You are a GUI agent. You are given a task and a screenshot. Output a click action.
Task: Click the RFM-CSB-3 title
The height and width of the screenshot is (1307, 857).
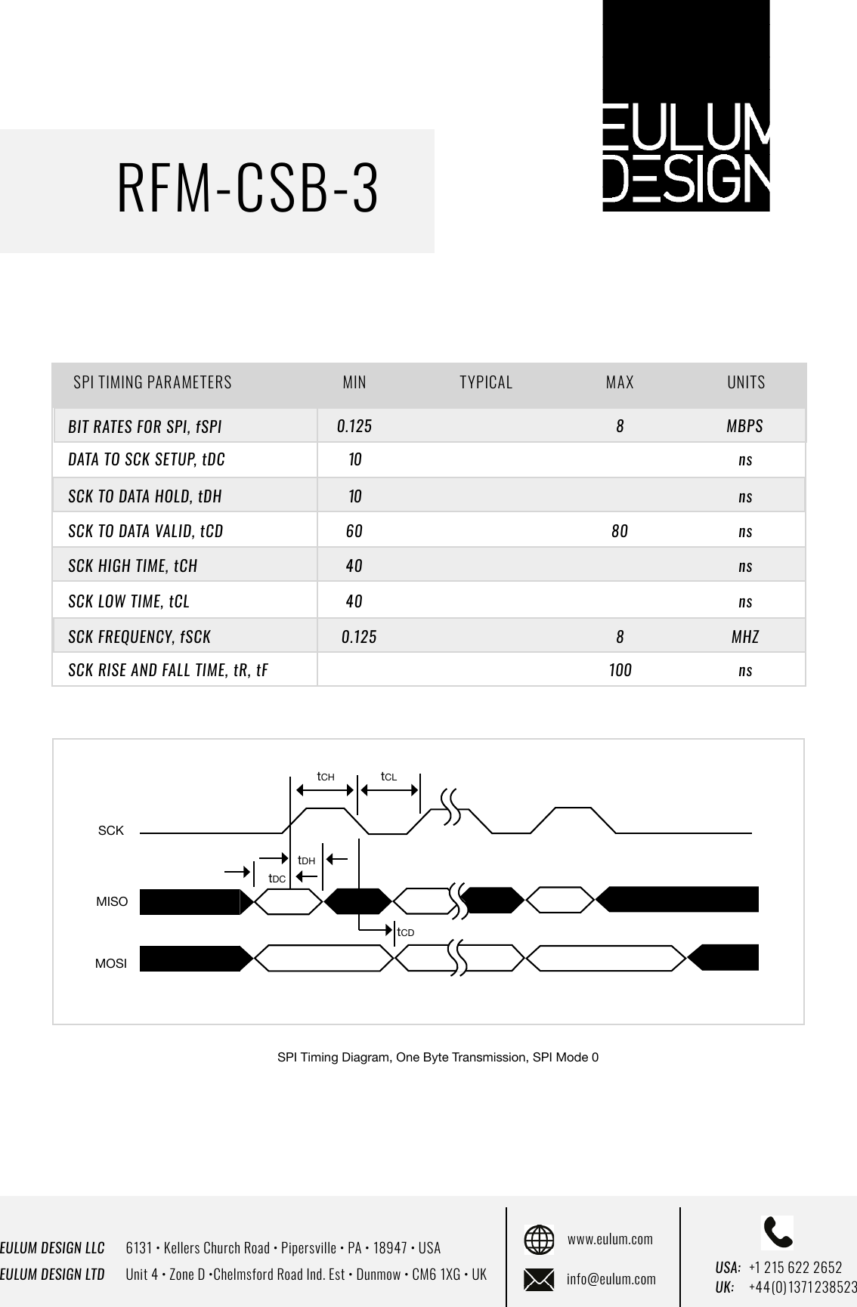click(x=248, y=189)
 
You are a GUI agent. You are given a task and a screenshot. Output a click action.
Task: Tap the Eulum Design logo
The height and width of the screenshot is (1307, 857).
click(x=685, y=106)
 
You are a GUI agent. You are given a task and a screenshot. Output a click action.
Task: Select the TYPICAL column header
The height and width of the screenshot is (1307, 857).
click(x=486, y=382)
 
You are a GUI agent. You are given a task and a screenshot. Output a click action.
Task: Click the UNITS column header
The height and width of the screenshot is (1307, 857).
click(x=746, y=382)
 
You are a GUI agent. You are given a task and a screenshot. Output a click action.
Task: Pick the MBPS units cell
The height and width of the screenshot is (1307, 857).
click(x=744, y=426)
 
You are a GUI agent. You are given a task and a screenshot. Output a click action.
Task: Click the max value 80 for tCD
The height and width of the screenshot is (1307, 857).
click(x=620, y=531)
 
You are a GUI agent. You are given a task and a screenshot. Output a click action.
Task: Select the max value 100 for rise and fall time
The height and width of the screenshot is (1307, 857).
click(x=620, y=670)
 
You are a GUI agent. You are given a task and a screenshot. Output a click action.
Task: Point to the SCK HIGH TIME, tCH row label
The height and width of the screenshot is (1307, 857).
click(x=133, y=566)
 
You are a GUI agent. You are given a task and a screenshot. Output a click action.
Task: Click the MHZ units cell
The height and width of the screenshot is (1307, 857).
click(x=745, y=637)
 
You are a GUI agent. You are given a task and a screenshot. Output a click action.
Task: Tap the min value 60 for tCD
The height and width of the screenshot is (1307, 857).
click(x=354, y=531)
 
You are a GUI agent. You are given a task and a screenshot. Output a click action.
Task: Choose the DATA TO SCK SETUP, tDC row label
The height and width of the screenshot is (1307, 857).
click(x=147, y=459)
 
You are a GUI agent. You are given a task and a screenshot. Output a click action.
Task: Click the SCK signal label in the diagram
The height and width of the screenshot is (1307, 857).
click(x=111, y=831)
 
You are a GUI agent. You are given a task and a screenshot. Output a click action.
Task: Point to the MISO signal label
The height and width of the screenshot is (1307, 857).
click(x=112, y=902)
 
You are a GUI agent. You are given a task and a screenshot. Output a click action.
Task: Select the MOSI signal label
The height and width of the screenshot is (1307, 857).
click(x=111, y=965)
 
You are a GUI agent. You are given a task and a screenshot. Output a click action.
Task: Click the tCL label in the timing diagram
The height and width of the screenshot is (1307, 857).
click(x=388, y=777)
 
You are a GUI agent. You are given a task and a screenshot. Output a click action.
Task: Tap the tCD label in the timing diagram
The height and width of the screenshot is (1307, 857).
click(x=406, y=933)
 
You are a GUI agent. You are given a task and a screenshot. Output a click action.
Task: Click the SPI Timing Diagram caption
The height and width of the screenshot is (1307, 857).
click(x=438, y=1057)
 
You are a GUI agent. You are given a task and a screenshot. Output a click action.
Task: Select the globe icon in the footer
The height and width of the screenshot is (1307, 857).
click(x=539, y=1240)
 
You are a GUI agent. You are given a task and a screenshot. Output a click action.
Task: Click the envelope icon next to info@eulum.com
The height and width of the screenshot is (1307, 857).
click(x=539, y=1279)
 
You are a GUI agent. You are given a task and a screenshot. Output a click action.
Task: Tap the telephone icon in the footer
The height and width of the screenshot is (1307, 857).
click(x=778, y=1232)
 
